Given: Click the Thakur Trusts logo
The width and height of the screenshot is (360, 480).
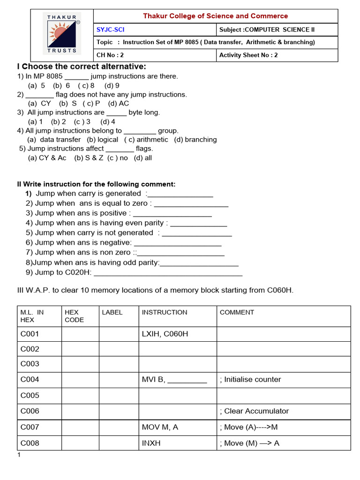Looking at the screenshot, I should tap(62, 35).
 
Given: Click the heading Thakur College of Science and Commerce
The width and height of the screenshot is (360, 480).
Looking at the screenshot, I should tap(215, 16).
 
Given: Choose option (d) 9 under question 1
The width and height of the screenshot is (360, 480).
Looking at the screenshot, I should tap(112, 85).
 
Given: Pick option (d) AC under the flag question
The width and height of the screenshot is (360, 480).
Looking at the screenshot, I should tap(118, 103).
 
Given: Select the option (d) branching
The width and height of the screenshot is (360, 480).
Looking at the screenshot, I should tap(195, 140).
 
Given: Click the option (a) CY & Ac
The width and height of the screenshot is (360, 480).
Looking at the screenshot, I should tap(47, 158).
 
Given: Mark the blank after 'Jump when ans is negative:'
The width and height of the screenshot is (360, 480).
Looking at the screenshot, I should tap(177, 243).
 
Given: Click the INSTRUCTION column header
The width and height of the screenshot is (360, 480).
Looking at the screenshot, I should tap(164, 312).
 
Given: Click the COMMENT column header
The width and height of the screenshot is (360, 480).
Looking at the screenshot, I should tap(237, 312).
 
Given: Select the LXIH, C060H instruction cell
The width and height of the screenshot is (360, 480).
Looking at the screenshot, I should tap(165, 334).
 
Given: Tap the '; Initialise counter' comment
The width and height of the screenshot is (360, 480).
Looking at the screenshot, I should tap(250, 379).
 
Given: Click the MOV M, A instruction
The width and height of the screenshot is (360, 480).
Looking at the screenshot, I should tap(160, 427).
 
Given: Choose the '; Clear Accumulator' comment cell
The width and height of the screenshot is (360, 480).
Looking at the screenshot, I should tap(254, 411).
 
